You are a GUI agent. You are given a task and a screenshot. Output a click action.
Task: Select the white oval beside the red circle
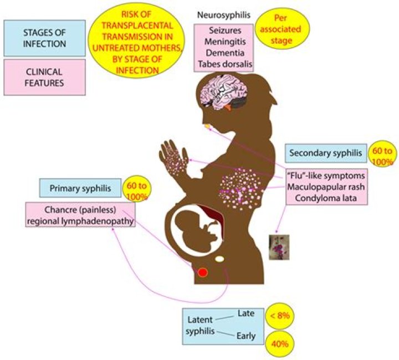click(220, 259)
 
